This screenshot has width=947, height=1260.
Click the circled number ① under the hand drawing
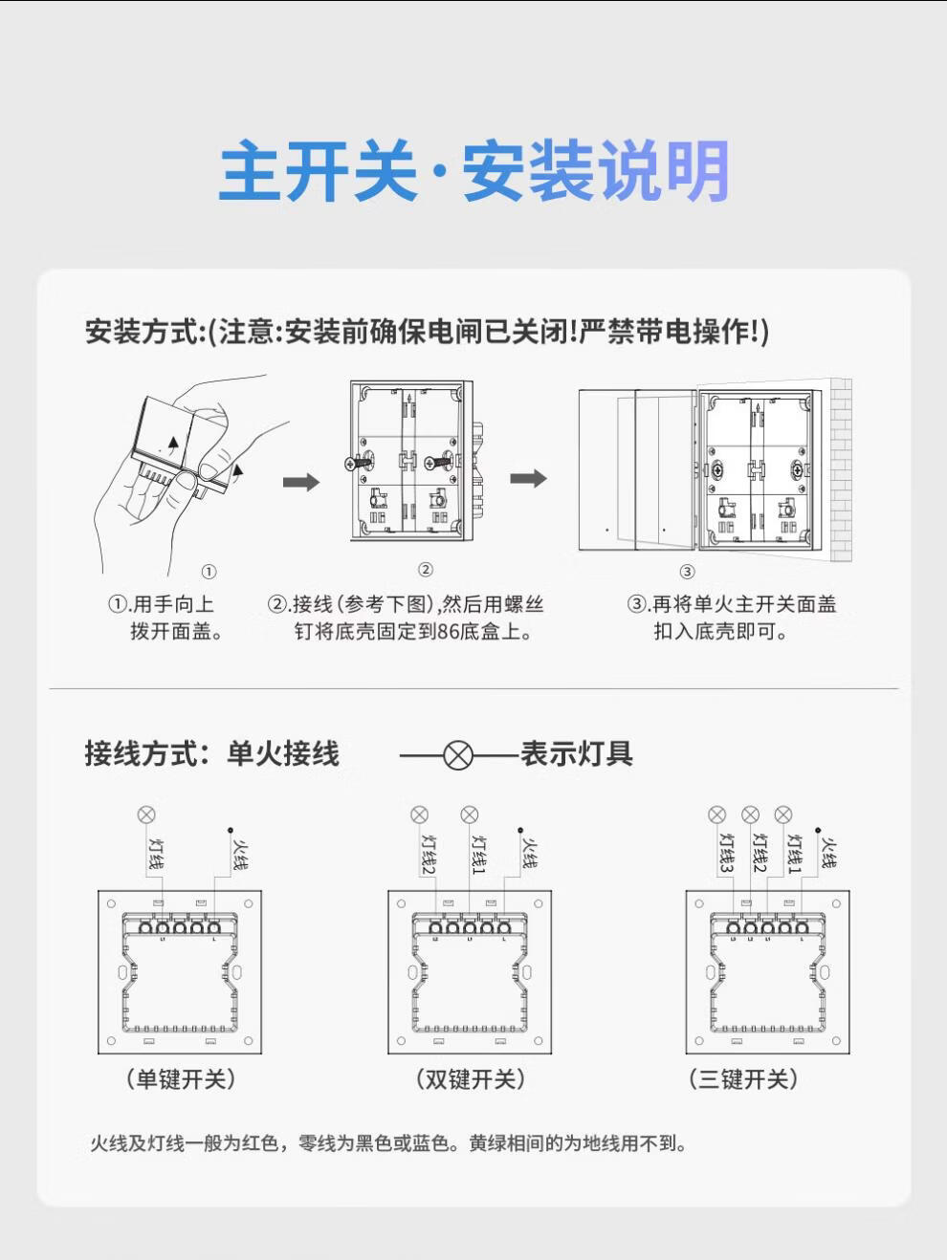point(209,572)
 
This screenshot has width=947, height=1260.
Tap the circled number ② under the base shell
point(426,570)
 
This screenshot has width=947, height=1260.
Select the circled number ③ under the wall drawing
point(687,572)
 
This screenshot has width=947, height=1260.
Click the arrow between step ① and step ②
point(300,482)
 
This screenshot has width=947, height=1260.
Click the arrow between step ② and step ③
point(528,478)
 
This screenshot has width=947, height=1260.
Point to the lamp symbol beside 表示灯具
point(459,755)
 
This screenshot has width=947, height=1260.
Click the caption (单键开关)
point(180,1079)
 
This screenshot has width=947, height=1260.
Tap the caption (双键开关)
point(470,1079)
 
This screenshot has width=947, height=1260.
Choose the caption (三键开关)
point(743,1079)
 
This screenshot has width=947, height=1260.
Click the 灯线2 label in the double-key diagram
point(429,853)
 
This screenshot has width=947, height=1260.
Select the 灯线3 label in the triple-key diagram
point(727,852)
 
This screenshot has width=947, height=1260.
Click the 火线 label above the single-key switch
point(240,853)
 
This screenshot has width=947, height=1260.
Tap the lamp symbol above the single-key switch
point(146,815)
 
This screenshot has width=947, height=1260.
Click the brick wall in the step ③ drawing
point(840,468)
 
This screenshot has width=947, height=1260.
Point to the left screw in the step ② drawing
point(356,463)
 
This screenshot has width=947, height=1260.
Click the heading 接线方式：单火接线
point(211,753)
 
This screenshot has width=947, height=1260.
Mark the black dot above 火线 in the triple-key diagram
point(818,831)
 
